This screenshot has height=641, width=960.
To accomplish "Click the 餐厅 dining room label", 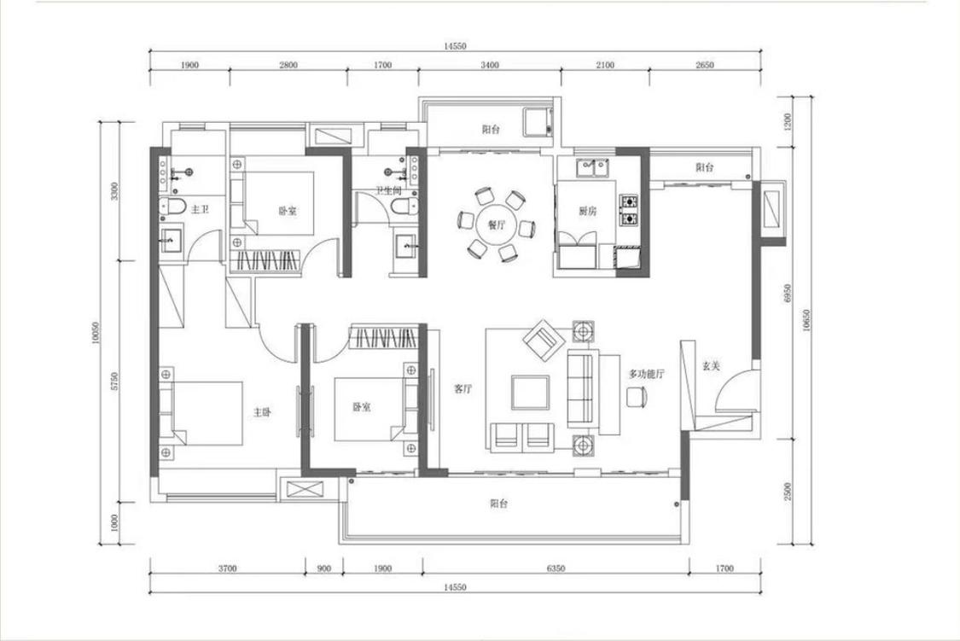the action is (497, 224).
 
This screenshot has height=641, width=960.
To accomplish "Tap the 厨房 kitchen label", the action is (587, 211).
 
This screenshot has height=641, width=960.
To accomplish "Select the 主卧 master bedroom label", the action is (262, 412).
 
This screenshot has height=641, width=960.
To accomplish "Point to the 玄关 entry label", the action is (711, 366).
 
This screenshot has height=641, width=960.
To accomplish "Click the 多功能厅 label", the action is (647, 374).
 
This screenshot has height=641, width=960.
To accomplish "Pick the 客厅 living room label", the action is (463, 388).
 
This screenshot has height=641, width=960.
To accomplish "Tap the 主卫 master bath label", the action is (200, 209).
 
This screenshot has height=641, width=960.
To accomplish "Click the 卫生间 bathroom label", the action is (388, 191).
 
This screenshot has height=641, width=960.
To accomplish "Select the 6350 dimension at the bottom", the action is (556, 568).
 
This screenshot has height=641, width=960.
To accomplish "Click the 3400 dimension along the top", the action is (490, 65).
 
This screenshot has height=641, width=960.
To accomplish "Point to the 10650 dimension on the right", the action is (806, 320).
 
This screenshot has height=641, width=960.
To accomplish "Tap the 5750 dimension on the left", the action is (115, 381).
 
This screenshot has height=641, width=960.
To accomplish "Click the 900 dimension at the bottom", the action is (324, 568).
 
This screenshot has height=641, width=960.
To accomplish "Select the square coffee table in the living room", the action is (530, 393).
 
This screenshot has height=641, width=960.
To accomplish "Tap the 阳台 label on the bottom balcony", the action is (498, 504).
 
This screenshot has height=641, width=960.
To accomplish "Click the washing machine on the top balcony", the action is (538, 122).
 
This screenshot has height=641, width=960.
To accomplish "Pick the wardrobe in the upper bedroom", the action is (265, 260).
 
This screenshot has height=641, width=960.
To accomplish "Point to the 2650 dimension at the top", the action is (705, 65).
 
